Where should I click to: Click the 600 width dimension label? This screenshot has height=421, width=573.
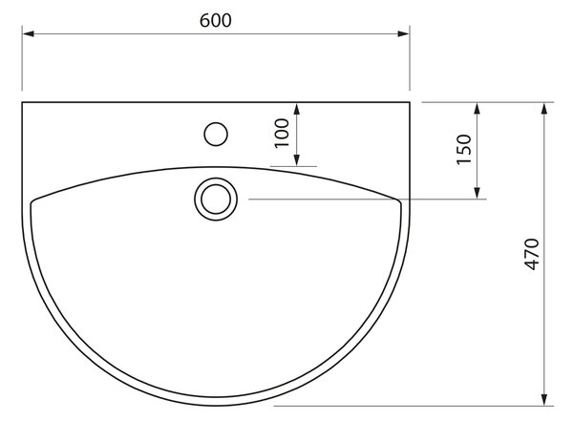[215, 20]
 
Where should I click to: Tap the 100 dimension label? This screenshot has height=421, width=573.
[282, 134]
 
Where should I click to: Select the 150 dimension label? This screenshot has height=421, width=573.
[464, 150]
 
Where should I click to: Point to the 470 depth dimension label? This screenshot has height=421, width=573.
[531, 254]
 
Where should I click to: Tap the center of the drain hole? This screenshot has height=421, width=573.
[216, 200]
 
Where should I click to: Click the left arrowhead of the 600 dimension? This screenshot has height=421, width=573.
[28, 33]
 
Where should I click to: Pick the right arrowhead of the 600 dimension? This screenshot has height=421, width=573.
[403, 33]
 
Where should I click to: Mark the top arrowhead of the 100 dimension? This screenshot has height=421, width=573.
[297, 109]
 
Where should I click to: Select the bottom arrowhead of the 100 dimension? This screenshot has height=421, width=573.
[297, 160]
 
